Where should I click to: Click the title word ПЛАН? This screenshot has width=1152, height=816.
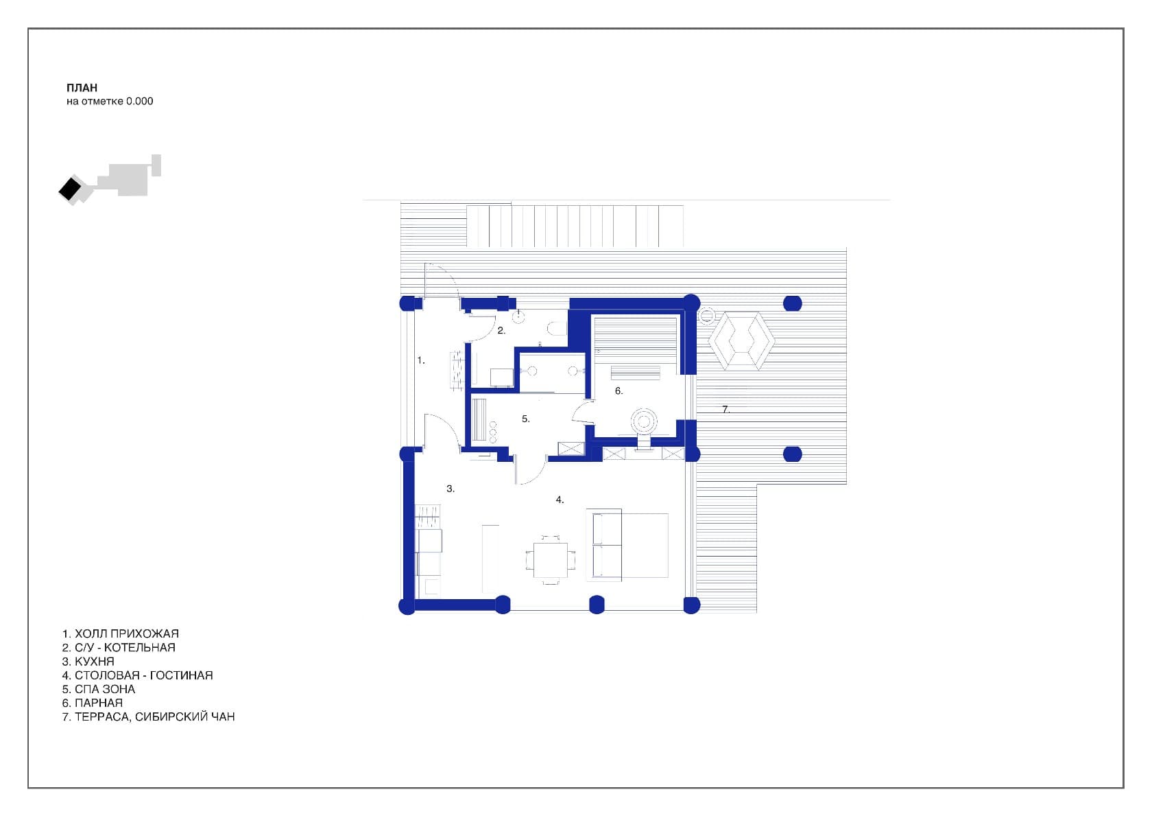[82, 88]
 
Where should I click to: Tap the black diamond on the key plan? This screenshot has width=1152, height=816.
[71, 189]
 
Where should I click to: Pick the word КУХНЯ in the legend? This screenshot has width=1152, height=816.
[95, 662]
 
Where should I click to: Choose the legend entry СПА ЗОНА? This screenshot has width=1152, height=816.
[105, 689]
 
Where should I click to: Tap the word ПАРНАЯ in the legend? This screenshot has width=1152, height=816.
[99, 703]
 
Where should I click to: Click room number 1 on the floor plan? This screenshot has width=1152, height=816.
[420, 360]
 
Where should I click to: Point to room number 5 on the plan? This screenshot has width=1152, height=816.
[525, 419]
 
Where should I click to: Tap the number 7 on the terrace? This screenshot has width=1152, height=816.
[725, 409]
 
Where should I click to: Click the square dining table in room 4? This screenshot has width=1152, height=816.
[550, 560]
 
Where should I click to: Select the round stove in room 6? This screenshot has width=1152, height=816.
[643, 422]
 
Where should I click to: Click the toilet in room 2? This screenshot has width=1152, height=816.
[557, 328]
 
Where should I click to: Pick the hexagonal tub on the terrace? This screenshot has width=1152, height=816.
[741, 341]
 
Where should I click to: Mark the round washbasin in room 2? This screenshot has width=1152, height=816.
[518, 316]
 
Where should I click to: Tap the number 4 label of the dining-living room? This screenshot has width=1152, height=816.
[560, 500]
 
